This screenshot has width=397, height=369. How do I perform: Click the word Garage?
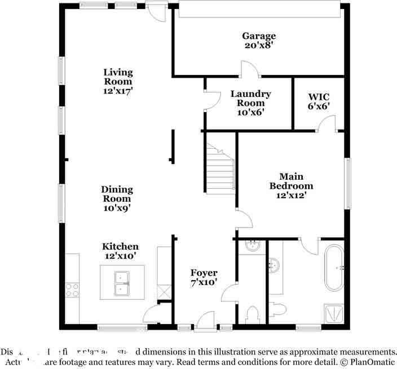point(259,36)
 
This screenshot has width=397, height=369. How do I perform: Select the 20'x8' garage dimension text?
point(259,45)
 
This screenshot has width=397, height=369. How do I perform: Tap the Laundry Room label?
point(250,99)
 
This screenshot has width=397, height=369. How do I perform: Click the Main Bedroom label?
point(290,181)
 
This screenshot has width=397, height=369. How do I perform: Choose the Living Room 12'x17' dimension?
point(118,90)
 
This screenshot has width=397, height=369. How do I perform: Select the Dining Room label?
point(117,194)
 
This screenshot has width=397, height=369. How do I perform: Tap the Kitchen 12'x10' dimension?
point(120,256)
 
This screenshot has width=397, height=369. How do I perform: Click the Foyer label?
point(204,273)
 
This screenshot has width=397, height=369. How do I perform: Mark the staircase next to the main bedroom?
point(219,169)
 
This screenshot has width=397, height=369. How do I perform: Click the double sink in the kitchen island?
point(122,282)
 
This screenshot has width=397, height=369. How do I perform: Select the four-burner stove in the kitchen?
point(72,290)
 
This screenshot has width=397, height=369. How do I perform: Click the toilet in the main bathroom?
point(278,308)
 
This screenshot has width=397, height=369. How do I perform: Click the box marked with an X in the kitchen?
point(165,291)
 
